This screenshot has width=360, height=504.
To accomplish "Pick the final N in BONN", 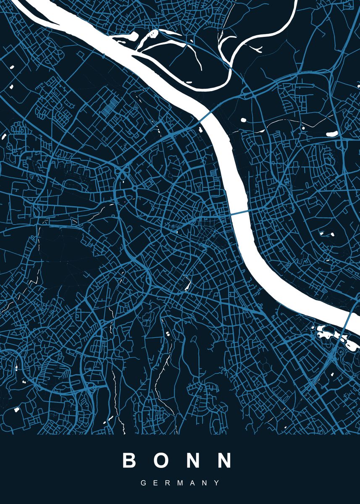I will [x=224, y=460].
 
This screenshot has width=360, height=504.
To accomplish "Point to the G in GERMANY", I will [x=143, y=483].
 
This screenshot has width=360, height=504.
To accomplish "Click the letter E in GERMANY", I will [x=155, y=483].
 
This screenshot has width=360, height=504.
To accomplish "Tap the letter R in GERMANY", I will [x=168, y=483].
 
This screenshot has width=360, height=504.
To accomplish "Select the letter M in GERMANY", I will [x=180, y=483].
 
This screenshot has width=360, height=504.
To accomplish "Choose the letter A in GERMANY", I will [x=193, y=483].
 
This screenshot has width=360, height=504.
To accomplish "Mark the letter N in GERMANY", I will [x=205, y=483].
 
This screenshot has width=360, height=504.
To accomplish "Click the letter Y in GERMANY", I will [x=217, y=483].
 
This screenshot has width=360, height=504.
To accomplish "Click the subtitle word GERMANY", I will [x=180, y=483].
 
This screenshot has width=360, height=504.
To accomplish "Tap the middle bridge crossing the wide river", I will [x=239, y=213].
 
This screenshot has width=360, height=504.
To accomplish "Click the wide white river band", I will [x=235, y=176].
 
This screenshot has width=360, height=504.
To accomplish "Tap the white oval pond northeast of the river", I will [x=332, y=134].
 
